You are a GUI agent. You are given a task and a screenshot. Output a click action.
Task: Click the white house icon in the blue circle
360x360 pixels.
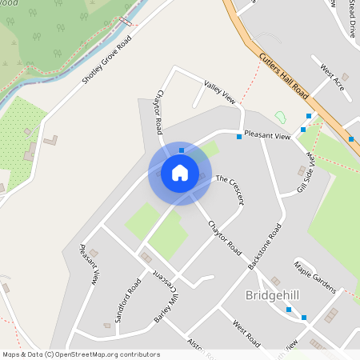tap(180, 172)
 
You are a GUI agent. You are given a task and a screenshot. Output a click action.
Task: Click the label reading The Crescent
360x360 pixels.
tap(230, 185)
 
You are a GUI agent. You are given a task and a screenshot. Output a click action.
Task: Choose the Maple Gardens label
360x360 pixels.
tap(314, 276)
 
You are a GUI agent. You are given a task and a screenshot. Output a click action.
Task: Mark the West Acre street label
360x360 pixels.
tap(332, 77)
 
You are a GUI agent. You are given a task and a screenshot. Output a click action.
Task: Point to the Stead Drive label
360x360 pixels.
tap(352, 18)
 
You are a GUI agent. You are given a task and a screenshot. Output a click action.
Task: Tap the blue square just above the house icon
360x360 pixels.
tap(181, 150)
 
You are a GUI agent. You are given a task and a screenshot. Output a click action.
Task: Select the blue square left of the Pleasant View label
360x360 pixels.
tap(238, 136)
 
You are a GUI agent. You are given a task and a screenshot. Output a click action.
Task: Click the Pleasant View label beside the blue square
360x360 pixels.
tap(266, 135)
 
